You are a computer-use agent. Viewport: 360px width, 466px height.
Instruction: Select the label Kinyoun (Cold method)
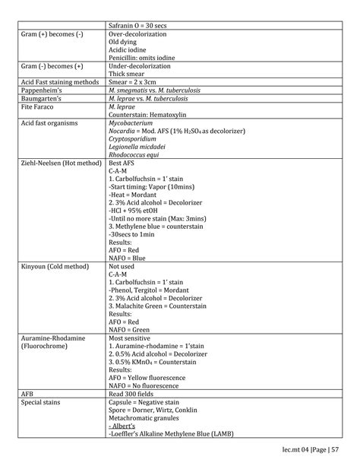pos(55,268)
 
